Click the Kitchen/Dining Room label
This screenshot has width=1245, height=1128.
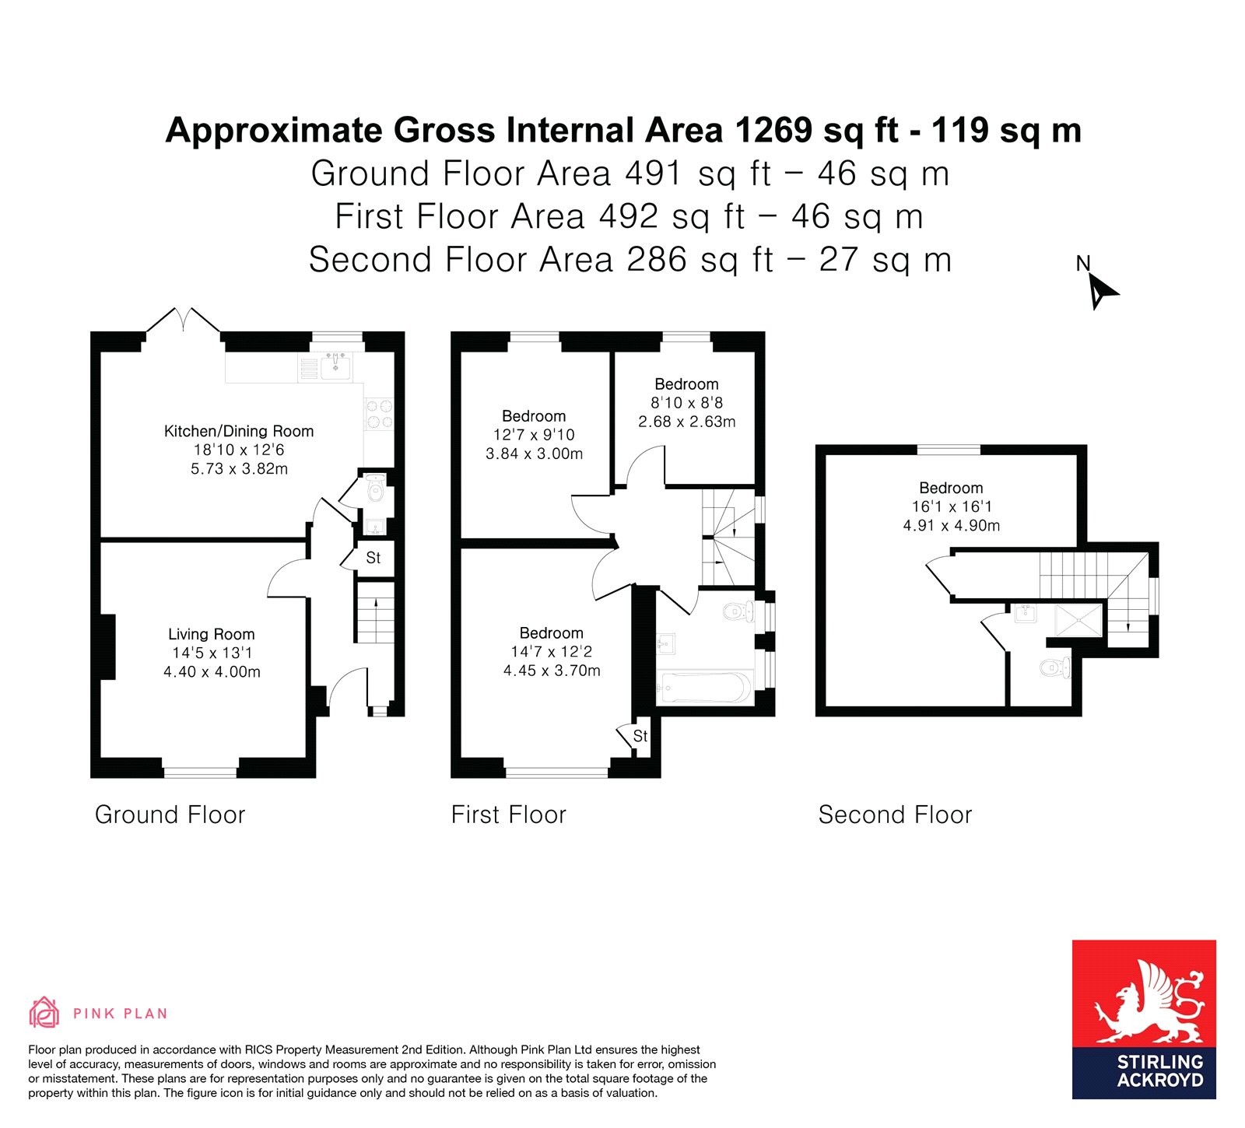click(239, 431)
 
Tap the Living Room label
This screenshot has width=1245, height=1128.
click(212, 634)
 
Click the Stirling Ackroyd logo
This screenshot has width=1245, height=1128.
click(1144, 1019)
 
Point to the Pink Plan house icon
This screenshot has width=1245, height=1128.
click(44, 1012)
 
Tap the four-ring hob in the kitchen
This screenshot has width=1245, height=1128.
click(379, 414)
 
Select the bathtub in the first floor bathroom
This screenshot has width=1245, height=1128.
click(704, 688)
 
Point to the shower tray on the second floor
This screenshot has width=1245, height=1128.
click(1079, 620)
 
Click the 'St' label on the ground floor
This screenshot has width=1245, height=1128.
click(373, 558)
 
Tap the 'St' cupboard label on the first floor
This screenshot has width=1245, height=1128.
click(640, 736)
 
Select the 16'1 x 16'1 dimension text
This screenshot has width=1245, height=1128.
click(952, 506)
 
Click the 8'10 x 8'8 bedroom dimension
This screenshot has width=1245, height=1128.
click(687, 403)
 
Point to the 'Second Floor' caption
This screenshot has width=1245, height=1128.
click(896, 814)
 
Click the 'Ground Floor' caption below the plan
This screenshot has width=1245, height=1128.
click(170, 814)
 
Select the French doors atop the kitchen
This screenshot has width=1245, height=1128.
click(183, 321)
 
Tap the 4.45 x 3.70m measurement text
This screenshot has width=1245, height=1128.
click(552, 671)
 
